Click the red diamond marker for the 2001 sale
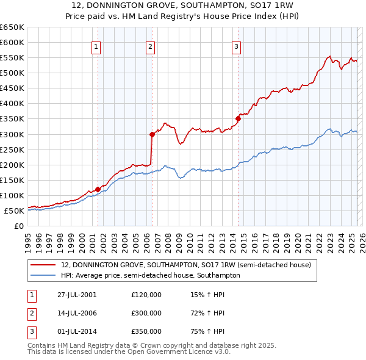(x=98, y=189)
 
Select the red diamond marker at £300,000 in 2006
(x=151, y=134)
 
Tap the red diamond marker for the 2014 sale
(x=238, y=119)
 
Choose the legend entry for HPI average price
(x=151, y=275)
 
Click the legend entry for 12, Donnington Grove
(x=186, y=265)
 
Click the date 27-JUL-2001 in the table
(x=77, y=295)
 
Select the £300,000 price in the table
(x=146, y=313)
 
